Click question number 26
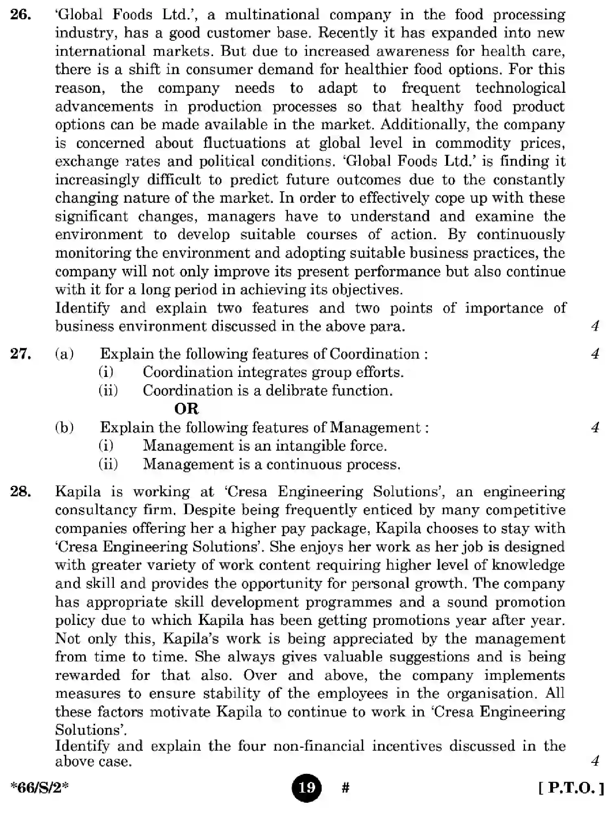click(x=20, y=15)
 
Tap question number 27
click(x=21, y=353)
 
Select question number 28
click(x=21, y=492)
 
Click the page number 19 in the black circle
click(x=306, y=787)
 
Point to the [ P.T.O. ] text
click(x=571, y=788)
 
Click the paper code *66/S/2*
click(x=39, y=788)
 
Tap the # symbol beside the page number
click(x=345, y=788)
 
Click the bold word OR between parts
click(x=186, y=408)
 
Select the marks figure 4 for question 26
click(x=595, y=326)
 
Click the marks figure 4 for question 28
click(x=595, y=761)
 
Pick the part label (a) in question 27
click(x=64, y=354)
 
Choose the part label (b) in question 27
click(x=64, y=427)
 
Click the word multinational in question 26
click(x=272, y=15)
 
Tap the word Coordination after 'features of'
click(x=374, y=354)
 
